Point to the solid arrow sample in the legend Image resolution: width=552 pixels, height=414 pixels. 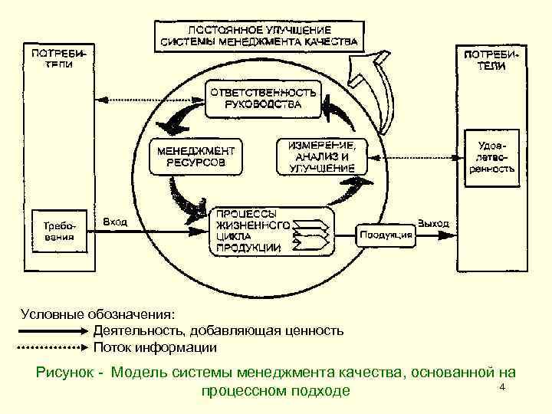click(52, 331)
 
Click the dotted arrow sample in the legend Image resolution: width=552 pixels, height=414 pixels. click(52, 347)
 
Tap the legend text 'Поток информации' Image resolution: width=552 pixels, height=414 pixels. click(155, 348)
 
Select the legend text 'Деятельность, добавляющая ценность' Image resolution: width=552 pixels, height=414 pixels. click(218, 331)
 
